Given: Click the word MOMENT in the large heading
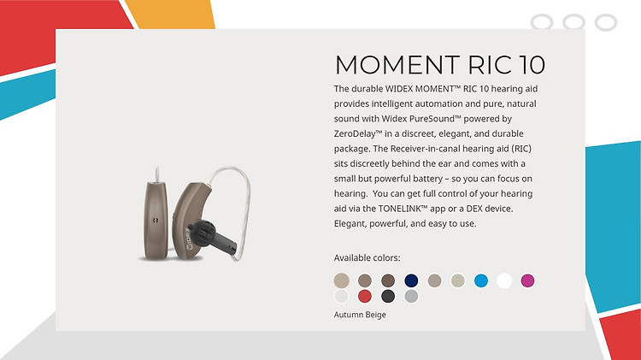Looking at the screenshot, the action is click(397, 65).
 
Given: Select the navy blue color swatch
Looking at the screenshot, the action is click(411, 280).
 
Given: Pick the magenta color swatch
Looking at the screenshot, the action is click(527, 280).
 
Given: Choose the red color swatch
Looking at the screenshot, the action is click(365, 296).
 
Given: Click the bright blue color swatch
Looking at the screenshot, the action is click(481, 280).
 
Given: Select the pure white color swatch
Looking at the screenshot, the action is click(504, 280).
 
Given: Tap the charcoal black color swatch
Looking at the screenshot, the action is click(388, 296).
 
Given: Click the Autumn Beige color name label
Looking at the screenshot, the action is click(360, 315).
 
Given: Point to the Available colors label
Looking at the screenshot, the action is click(368, 257).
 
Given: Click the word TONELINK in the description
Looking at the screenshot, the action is click(400, 209).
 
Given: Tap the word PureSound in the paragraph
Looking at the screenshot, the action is click(432, 119).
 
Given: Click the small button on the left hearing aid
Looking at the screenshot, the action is click(156, 221).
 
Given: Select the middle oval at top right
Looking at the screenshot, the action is click(573, 22).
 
